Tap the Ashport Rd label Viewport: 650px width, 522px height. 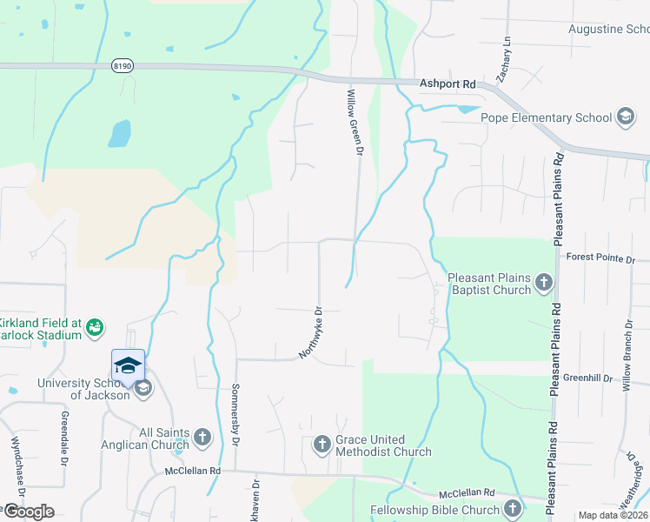point(448,84)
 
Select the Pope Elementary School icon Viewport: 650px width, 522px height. point(625,117)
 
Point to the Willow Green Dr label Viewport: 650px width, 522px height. point(354,122)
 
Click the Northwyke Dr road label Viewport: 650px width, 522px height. point(311,332)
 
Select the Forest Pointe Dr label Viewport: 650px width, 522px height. point(600,258)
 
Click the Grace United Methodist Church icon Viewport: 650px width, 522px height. point(321,445)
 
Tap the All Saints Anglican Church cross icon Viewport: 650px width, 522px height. point(202,438)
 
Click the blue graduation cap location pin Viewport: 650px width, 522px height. point(128,365)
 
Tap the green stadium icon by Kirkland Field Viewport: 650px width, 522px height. point(96,327)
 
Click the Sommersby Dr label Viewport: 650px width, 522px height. point(235,417)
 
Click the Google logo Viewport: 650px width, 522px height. point(28,512)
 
